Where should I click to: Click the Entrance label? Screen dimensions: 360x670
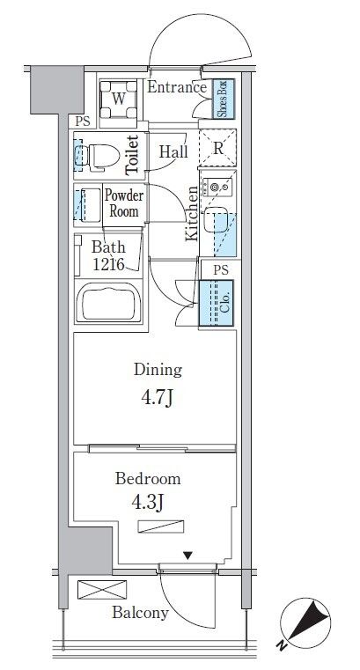[x=177, y=87]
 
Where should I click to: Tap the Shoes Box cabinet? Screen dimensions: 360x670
[x=224, y=99]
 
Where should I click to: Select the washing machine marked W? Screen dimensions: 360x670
[x=118, y=99]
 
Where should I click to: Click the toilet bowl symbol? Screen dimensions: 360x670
[x=100, y=156]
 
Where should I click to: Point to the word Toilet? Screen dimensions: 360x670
[x=132, y=155]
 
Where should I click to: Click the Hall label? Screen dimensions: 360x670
[x=173, y=151]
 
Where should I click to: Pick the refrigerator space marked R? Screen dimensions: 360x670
[x=217, y=148]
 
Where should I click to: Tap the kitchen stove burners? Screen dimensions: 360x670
[x=217, y=188]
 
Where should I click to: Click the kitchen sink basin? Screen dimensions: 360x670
[x=216, y=219]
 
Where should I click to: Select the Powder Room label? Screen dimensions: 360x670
[x=124, y=203]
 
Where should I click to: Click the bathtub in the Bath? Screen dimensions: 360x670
[x=108, y=303]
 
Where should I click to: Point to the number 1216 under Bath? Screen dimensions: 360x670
[x=108, y=264]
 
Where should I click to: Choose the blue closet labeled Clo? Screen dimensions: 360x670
[x=217, y=304]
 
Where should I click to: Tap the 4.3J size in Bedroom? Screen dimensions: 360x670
[x=148, y=503]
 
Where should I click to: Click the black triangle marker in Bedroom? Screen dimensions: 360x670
[x=187, y=556]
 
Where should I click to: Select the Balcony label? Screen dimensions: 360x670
[x=140, y=613]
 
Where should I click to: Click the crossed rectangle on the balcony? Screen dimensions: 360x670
[x=102, y=590]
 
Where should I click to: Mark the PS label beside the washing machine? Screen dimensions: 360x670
[x=83, y=121]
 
